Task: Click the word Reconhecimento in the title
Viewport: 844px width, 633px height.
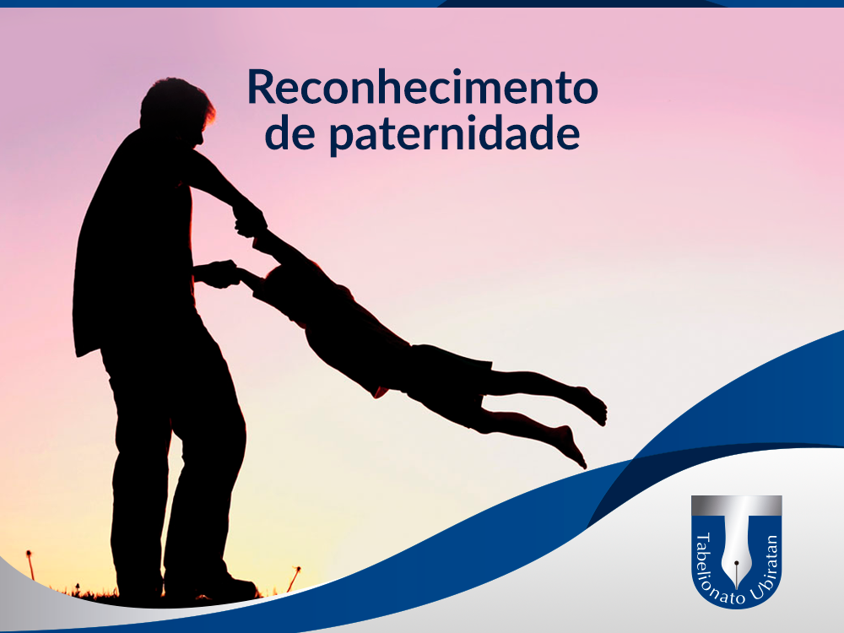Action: (423, 87)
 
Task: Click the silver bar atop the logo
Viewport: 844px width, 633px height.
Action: (736, 503)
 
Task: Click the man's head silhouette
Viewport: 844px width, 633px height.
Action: (175, 111)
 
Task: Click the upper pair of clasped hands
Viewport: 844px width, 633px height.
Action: (250, 221)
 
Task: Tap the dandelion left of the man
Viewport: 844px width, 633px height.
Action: (30, 565)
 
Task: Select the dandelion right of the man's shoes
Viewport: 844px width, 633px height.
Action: (294, 579)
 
